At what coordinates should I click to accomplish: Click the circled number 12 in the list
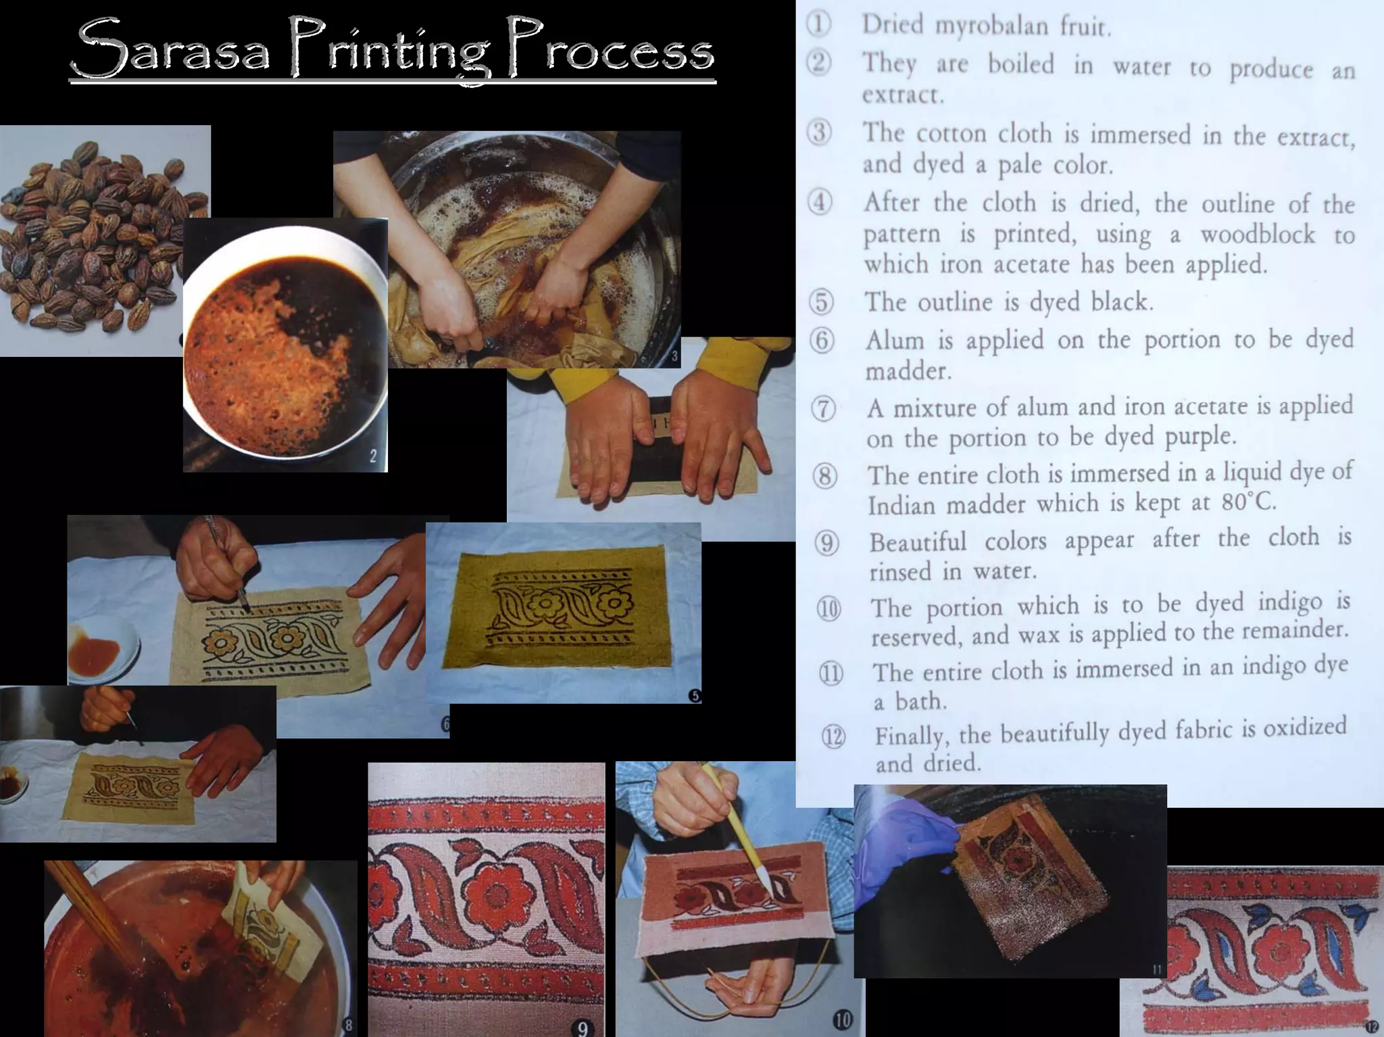coord(833,736)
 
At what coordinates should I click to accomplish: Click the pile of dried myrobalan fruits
coord(95,230)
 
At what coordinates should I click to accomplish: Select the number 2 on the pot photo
coord(373,456)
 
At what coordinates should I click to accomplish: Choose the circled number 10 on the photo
coord(842,1019)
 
